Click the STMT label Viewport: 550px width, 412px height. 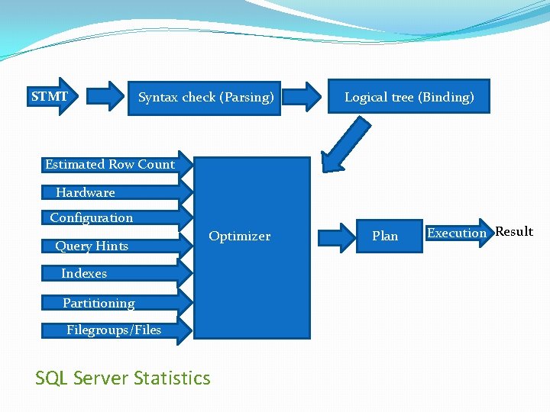coord(50,97)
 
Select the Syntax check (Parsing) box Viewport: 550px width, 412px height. coord(205,98)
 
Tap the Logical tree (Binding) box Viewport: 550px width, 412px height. coord(409,97)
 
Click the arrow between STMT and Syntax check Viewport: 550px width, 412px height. coord(106,97)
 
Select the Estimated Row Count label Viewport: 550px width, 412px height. coord(109,164)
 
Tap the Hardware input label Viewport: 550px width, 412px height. coord(85,193)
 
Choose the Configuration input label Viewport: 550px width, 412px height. coord(91,218)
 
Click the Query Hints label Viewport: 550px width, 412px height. coord(91,246)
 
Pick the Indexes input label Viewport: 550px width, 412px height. coord(83,273)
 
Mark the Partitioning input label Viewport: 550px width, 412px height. coord(99,303)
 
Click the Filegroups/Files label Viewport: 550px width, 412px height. coord(113,330)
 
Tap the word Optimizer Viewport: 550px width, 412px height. coord(239,237)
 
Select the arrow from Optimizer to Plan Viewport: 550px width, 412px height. coord(337,236)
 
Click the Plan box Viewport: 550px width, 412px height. coord(385,236)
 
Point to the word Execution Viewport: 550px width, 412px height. coord(456,233)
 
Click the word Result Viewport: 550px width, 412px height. coord(514,232)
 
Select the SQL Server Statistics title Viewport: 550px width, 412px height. coord(122,378)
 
